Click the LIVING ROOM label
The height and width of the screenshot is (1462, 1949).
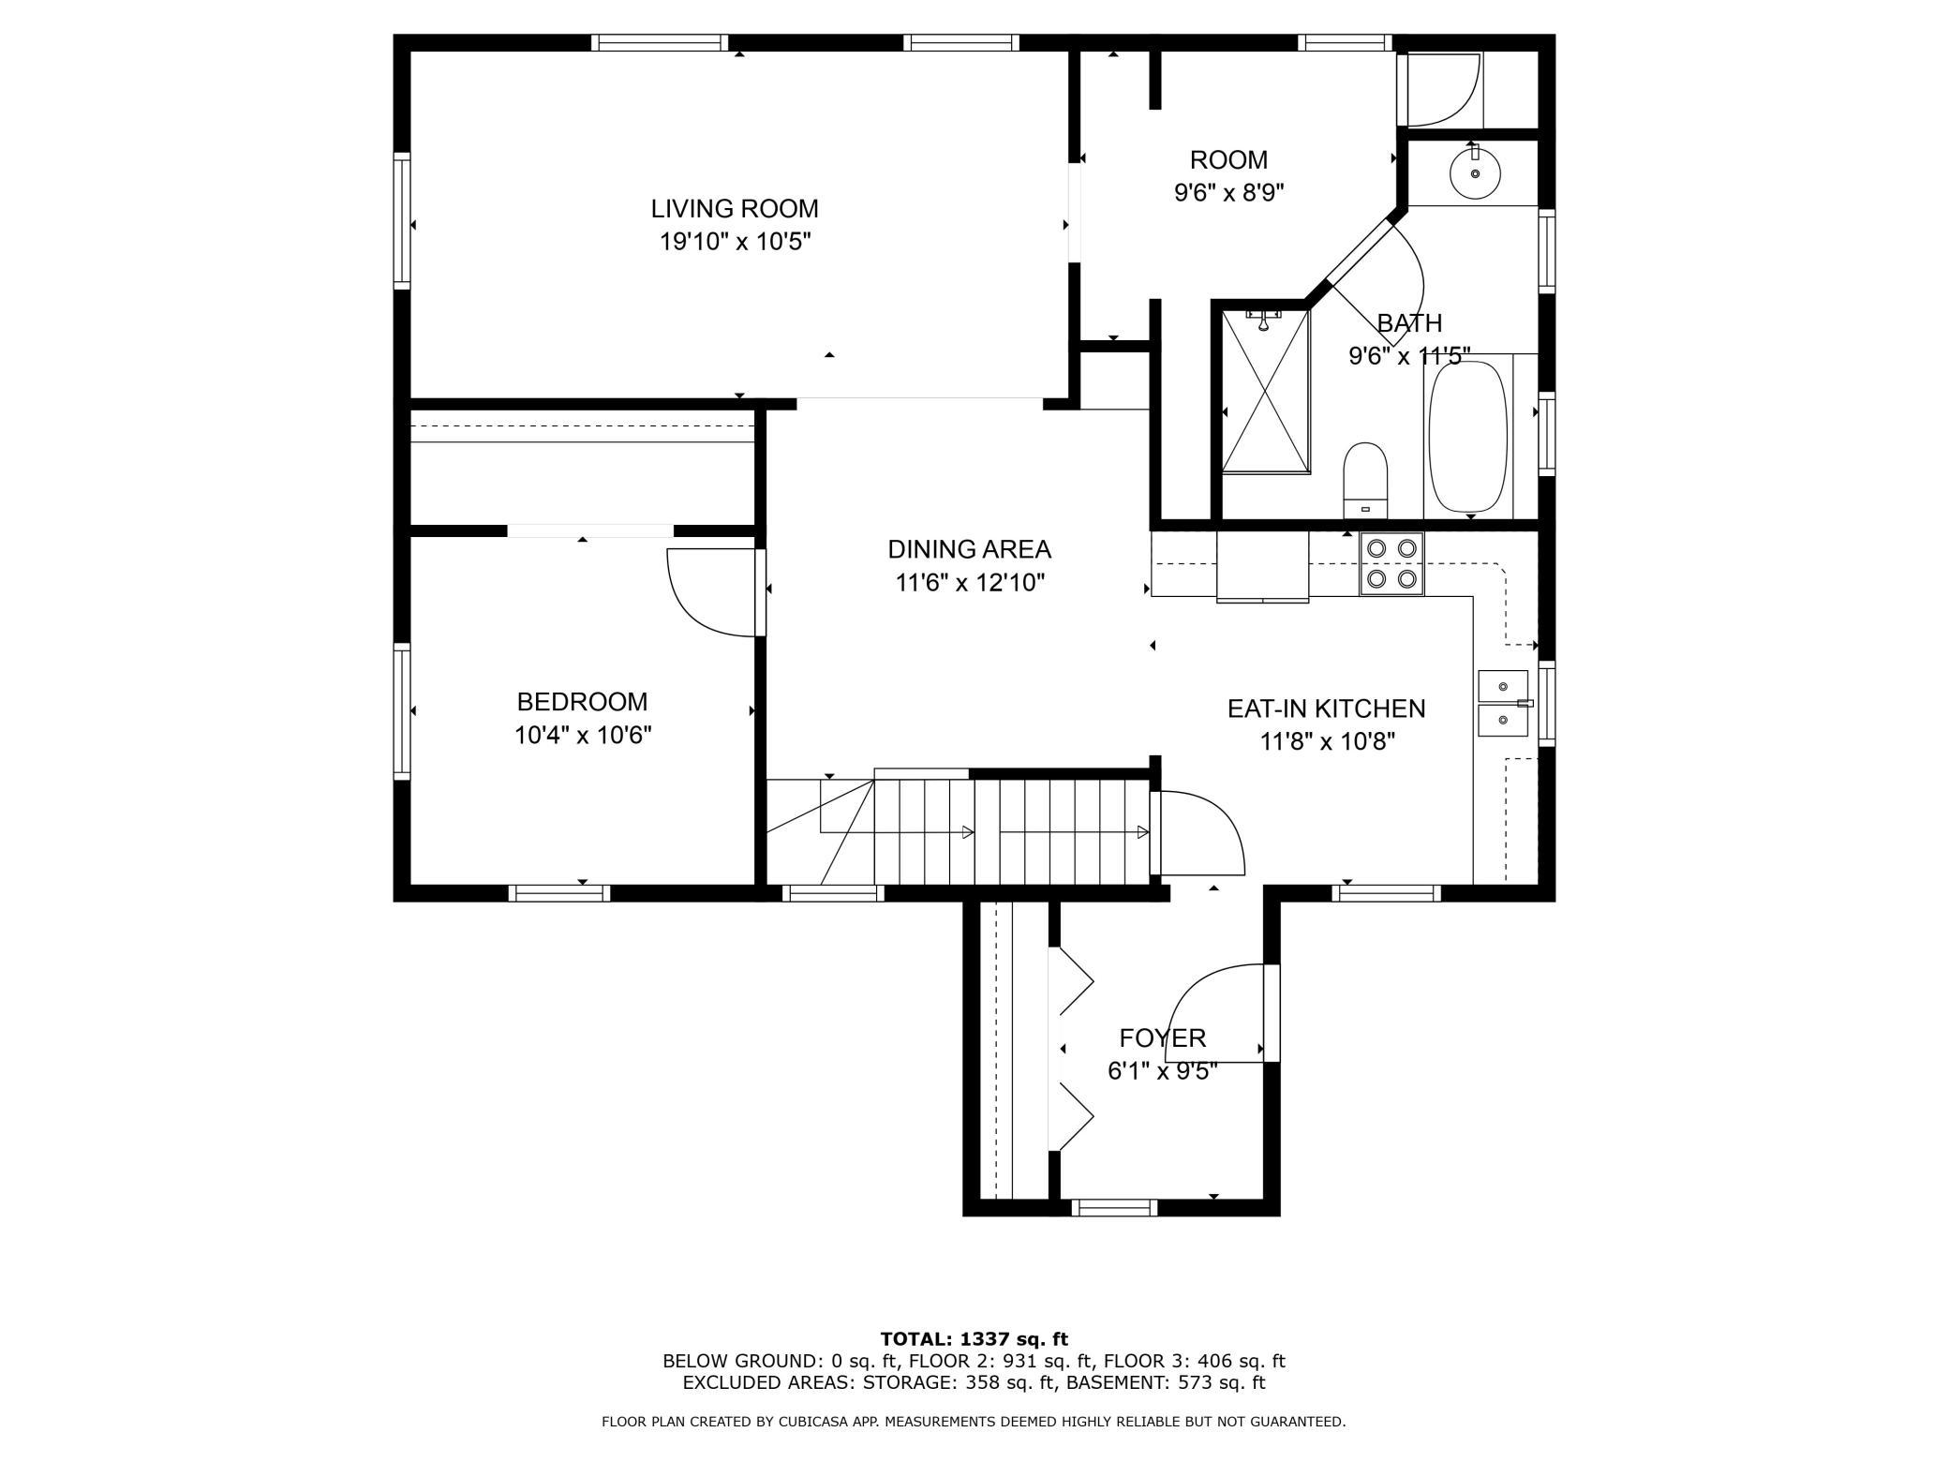point(735,208)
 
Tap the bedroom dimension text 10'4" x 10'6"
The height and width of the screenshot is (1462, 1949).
point(583,736)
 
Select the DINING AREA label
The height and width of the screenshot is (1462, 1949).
point(970,549)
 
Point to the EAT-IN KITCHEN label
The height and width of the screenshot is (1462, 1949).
point(1327,709)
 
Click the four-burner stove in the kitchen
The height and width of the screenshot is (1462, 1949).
point(1391,563)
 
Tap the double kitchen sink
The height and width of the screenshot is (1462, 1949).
point(1503,704)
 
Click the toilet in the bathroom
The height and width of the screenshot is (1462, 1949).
point(1365,480)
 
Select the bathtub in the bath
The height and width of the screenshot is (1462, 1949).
point(1468,437)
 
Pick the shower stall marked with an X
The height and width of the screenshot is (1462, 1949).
point(1265,390)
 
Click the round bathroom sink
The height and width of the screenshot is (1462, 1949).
point(1475,173)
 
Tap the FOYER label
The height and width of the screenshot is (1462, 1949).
point(1163,1037)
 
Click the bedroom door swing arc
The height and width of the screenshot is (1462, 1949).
point(693,614)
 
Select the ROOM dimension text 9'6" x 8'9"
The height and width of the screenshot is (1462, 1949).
point(1228,193)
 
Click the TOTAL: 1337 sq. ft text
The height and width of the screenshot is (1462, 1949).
point(974,1339)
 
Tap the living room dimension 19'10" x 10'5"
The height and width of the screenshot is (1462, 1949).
point(735,242)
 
